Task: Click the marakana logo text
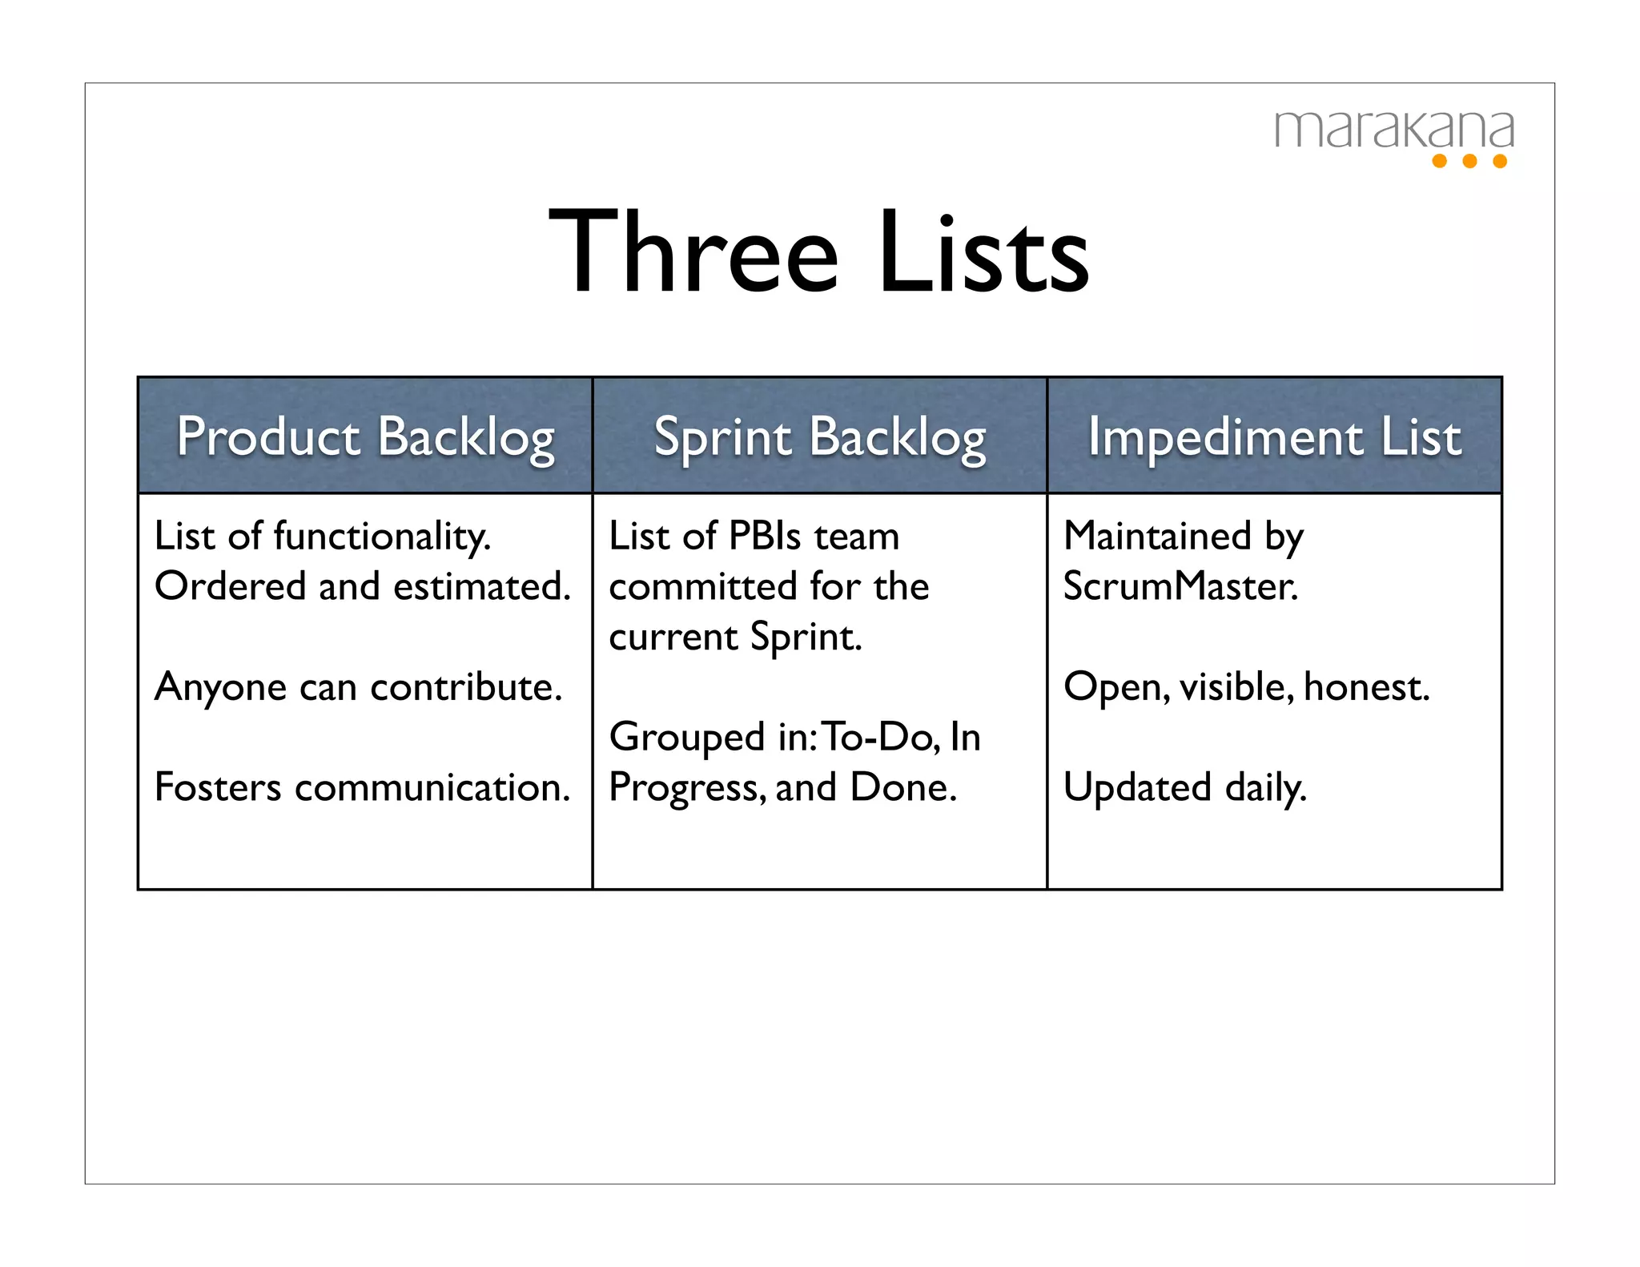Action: click(1393, 131)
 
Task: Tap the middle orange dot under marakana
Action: click(1469, 161)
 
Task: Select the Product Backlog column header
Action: click(365, 437)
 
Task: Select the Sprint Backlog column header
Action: click(819, 437)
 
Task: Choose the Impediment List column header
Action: click(1274, 437)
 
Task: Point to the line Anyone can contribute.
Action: click(359, 687)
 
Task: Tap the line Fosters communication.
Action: click(362, 787)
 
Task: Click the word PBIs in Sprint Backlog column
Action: click(765, 537)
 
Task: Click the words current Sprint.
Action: click(735, 638)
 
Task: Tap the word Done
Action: click(902, 787)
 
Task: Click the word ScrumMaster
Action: click(1180, 587)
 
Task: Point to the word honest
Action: click(1366, 687)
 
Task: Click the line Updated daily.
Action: click(1185, 787)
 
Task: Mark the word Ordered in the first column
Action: click(231, 587)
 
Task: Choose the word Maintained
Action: click(1157, 537)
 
